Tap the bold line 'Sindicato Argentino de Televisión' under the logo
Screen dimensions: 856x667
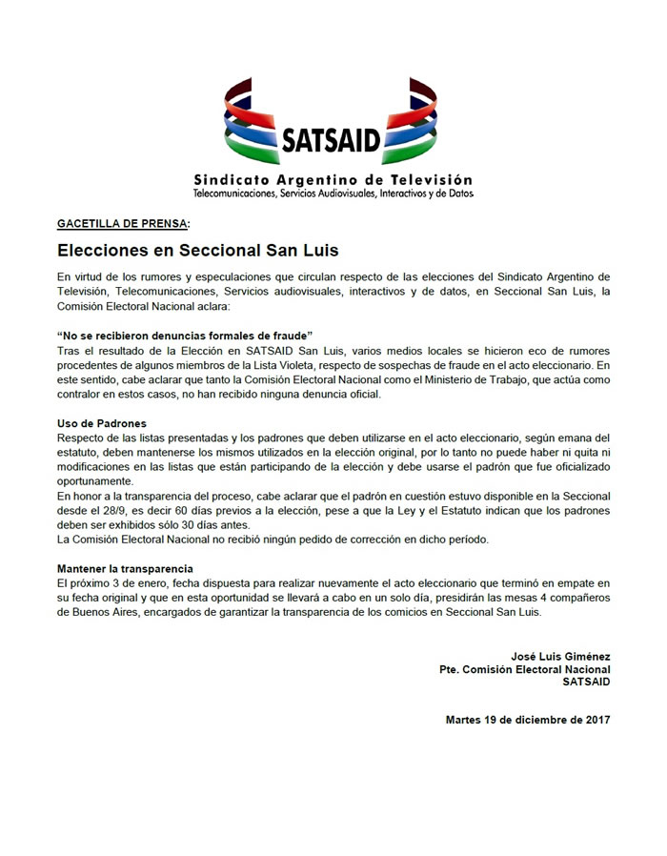333,179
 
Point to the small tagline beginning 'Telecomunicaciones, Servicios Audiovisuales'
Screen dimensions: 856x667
333,194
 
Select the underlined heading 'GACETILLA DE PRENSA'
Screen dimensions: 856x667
123,224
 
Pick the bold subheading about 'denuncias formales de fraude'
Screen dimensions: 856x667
186,336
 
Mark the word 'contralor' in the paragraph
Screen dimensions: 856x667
83,394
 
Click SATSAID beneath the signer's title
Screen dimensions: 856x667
586,683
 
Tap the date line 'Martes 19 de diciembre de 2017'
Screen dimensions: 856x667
528,719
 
